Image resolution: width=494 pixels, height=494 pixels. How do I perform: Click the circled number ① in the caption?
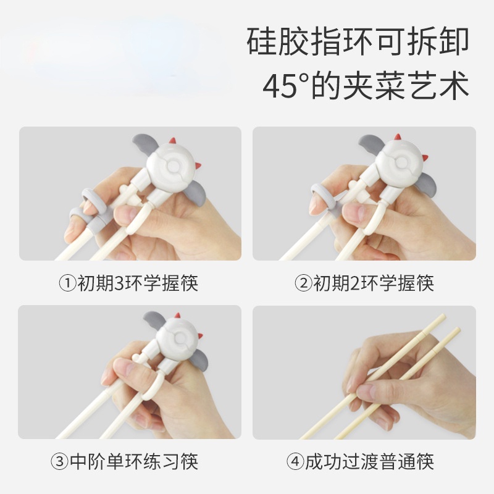[x=66, y=283]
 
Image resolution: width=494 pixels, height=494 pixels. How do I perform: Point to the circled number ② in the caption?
[x=302, y=283]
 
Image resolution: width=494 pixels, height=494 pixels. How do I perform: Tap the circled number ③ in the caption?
[x=59, y=461]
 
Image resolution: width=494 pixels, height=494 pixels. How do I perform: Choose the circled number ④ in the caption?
[x=295, y=461]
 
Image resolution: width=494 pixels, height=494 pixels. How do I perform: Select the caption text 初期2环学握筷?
[x=373, y=283]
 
